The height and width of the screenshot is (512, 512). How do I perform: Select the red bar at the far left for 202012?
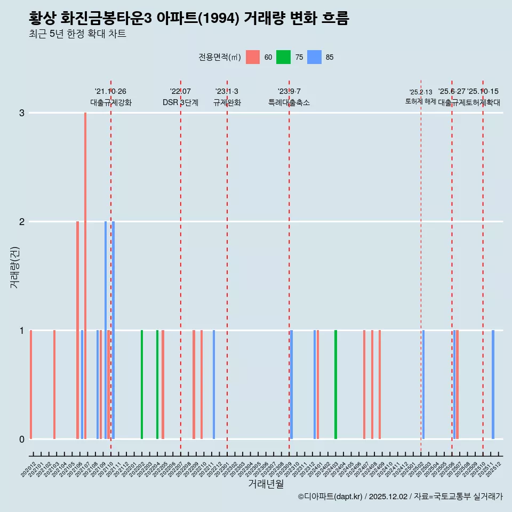point(31,384)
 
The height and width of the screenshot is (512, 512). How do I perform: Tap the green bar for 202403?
point(335,384)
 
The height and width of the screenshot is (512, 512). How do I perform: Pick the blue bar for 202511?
point(493,384)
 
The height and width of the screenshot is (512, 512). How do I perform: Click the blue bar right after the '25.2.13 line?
point(423,384)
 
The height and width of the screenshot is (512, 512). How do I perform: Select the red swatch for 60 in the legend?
point(253,57)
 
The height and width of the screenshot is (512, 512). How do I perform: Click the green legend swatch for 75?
point(283,57)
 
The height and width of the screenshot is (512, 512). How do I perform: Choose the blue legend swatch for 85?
point(315,57)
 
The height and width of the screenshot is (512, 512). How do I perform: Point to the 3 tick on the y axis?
point(22,113)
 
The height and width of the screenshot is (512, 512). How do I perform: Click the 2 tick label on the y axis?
point(22,221)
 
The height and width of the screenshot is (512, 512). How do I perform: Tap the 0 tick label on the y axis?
point(22,439)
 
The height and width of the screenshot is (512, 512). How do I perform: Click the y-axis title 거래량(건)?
point(15,267)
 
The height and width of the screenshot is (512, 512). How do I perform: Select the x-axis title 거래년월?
point(266,484)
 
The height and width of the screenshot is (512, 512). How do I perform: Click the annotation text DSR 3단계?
point(180,102)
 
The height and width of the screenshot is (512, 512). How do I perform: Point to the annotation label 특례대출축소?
point(289,102)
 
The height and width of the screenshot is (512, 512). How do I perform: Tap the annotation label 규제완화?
point(227,102)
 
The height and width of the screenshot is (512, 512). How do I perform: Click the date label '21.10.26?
point(110,92)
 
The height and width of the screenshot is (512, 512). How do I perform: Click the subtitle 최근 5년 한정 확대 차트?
point(78,34)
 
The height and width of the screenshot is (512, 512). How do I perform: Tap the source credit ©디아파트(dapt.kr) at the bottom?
point(330,497)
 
